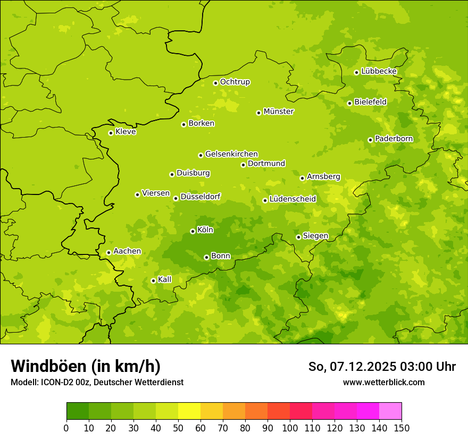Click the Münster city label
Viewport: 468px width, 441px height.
(x=279, y=112)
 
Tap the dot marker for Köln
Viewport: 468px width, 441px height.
(x=193, y=231)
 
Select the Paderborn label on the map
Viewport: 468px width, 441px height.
(x=394, y=139)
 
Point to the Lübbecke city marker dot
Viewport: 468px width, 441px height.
(x=356, y=72)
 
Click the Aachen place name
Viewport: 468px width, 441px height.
(x=127, y=251)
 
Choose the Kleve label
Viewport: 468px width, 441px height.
(x=126, y=132)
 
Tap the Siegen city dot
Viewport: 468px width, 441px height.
(x=298, y=237)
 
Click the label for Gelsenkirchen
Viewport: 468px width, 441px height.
(x=231, y=154)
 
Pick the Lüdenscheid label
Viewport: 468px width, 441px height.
(x=292, y=199)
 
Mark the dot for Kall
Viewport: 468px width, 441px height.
(x=153, y=281)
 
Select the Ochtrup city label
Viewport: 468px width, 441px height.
(x=235, y=82)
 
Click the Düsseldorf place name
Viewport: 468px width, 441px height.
(x=200, y=197)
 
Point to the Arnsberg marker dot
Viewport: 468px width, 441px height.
(x=302, y=178)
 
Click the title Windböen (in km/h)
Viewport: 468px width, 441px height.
(x=86, y=366)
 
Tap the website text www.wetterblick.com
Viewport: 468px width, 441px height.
(x=383, y=382)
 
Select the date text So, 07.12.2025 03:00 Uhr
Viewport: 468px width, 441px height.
(x=382, y=367)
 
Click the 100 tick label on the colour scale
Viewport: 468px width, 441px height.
(x=290, y=428)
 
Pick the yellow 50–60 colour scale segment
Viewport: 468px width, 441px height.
(x=189, y=411)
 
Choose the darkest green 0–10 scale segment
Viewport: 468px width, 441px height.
(x=78, y=411)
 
